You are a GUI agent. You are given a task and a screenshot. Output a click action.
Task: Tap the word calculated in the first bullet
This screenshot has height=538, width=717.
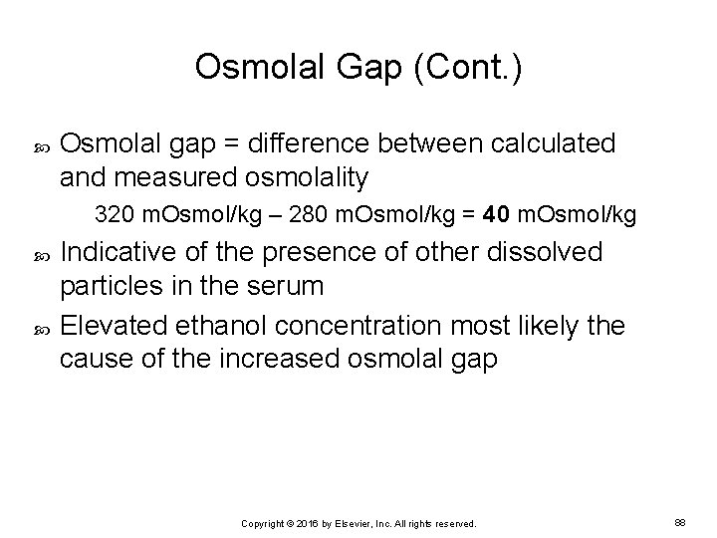point(545,143)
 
